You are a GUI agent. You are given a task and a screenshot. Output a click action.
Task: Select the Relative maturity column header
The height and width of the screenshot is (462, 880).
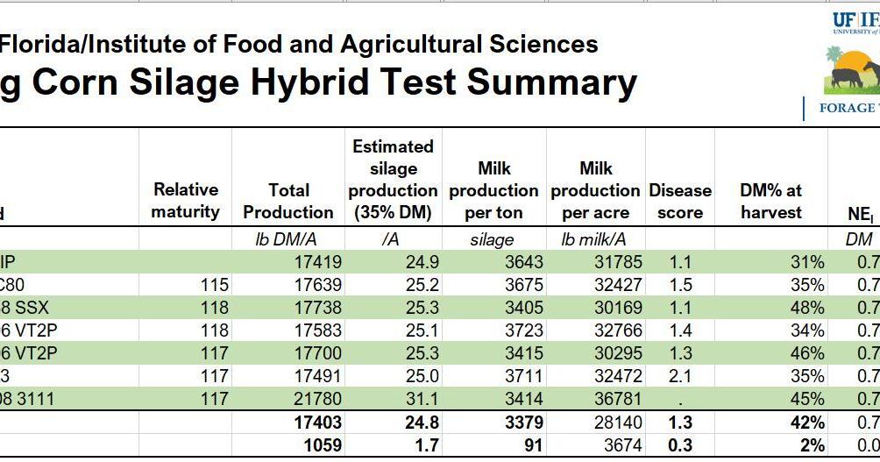pyautogui.click(x=185, y=201)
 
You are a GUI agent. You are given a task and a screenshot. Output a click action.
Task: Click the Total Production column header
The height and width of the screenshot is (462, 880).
pyautogui.click(x=288, y=201)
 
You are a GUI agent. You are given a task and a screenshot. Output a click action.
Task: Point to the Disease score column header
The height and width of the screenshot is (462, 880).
pyautogui.click(x=680, y=201)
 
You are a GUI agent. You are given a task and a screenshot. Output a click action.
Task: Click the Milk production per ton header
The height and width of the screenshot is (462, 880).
pyautogui.click(x=493, y=190)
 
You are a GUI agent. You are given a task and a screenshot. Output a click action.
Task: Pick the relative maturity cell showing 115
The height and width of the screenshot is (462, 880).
pyautogui.click(x=214, y=285)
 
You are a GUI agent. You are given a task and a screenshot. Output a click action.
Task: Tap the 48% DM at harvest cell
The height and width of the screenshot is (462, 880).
pyautogui.click(x=805, y=308)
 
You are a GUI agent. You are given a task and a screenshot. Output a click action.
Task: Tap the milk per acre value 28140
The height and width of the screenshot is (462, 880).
pyautogui.click(x=618, y=423)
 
